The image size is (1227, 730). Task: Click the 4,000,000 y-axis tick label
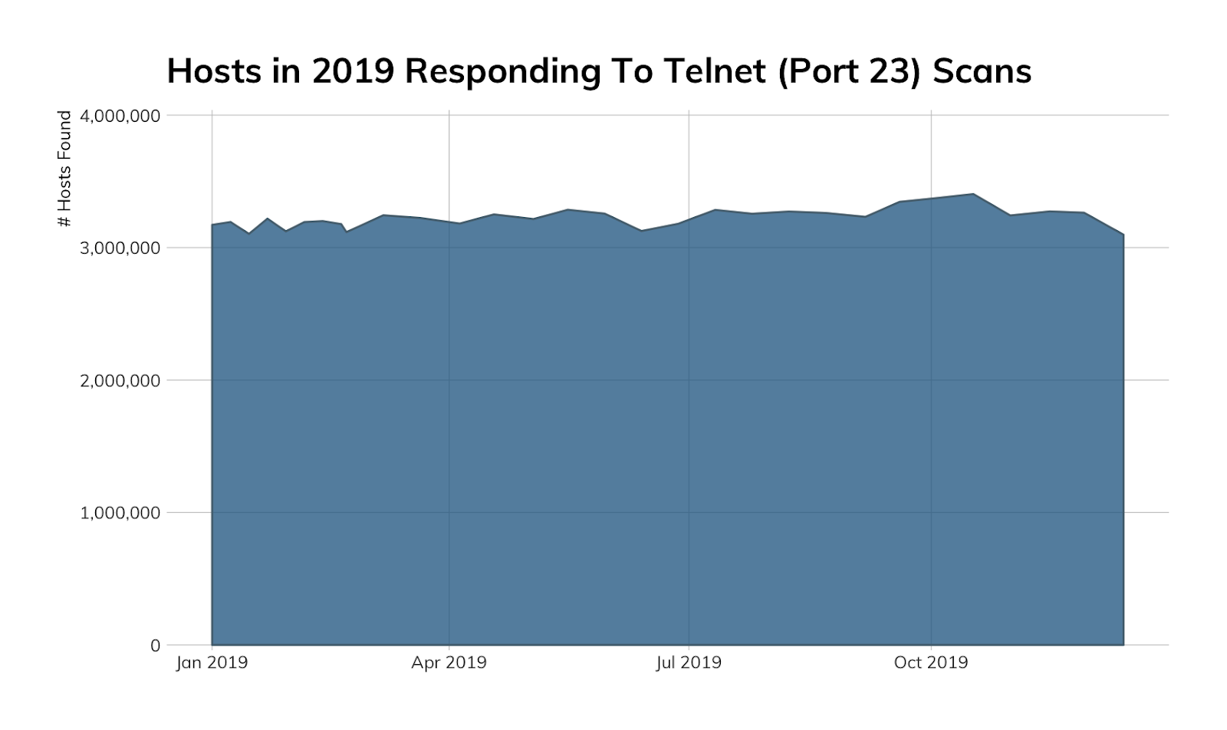(x=120, y=116)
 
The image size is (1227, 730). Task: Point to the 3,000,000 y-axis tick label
(x=120, y=248)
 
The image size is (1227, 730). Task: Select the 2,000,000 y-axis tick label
(x=120, y=380)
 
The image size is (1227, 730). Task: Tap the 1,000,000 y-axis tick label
(x=120, y=512)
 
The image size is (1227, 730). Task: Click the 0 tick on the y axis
(x=155, y=646)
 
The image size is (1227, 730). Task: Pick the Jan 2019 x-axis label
(x=212, y=663)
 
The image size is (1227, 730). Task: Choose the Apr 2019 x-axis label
(x=449, y=663)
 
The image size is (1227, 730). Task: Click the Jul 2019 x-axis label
(x=689, y=663)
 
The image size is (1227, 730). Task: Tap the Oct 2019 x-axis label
(x=931, y=663)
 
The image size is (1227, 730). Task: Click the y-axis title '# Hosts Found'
(x=65, y=169)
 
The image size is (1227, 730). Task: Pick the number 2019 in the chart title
(x=353, y=71)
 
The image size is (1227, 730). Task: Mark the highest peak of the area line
(x=973, y=194)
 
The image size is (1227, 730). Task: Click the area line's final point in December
(x=1123, y=235)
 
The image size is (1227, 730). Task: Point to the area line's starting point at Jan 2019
(x=212, y=225)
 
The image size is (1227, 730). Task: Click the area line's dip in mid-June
(x=642, y=230)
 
